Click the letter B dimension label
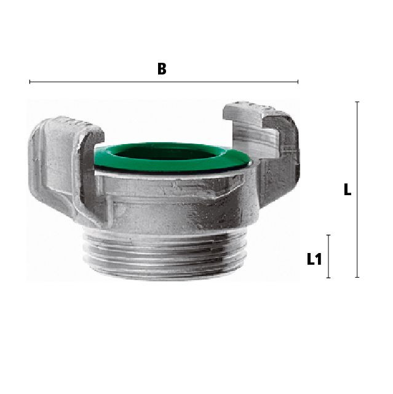(x=162, y=69)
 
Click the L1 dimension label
(x=314, y=259)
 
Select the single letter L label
(x=347, y=190)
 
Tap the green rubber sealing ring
(x=172, y=158)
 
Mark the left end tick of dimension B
(x=30, y=82)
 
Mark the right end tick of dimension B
(x=298, y=82)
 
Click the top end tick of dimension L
(x=357, y=102)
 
